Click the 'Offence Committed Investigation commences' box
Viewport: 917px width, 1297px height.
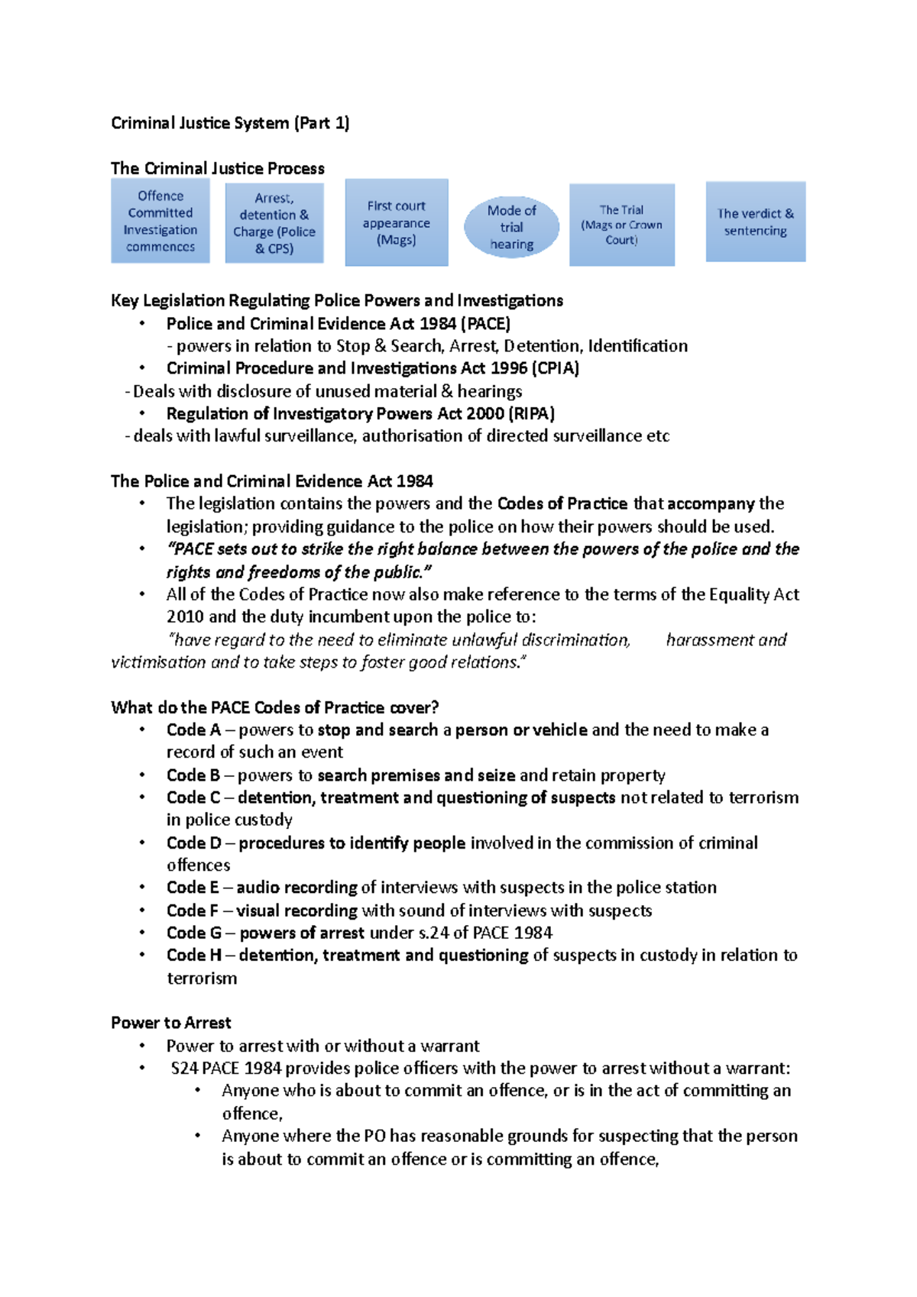tap(160, 221)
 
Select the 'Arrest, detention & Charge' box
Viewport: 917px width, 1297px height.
tap(274, 222)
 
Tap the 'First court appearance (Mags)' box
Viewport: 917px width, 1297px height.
tap(397, 222)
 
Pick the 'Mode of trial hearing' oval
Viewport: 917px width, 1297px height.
tap(511, 227)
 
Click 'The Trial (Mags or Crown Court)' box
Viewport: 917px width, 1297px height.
tap(622, 225)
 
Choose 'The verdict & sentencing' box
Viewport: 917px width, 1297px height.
tap(755, 222)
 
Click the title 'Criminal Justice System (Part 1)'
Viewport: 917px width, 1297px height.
tap(230, 123)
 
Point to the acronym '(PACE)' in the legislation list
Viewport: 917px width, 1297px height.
tap(486, 323)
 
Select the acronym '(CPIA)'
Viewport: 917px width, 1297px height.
tap(556, 368)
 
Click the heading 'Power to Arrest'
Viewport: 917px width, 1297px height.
tap(171, 1023)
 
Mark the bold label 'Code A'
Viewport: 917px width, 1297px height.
tap(193, 729)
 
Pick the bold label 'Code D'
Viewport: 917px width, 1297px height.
tap(194, 843)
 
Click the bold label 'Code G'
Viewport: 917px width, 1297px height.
tap(194, 933)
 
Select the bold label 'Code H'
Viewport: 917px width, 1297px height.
tap(194, 955)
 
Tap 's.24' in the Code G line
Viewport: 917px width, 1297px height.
tap(433, 933)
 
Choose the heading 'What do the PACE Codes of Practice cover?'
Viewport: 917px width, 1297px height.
tap(275, 707)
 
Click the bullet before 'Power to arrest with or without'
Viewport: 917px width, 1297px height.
tap(142, 1046)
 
